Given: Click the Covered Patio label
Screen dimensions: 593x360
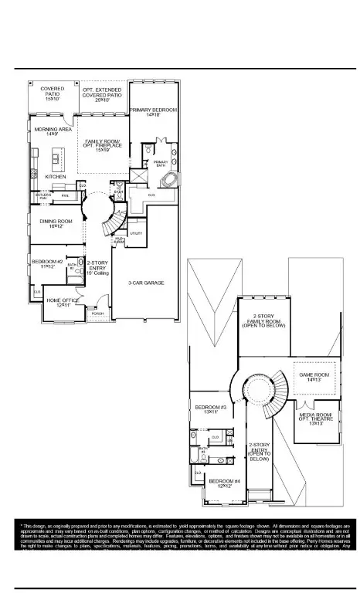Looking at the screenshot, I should click(53, 93).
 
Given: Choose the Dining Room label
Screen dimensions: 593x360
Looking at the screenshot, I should click(56, 224).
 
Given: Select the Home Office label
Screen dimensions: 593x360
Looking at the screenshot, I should click(64, 303).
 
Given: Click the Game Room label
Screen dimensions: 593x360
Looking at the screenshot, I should click(314, 377).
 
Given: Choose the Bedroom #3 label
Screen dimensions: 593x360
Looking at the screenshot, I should click(210, 409).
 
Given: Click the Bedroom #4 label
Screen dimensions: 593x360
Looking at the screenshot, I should click(224, 483).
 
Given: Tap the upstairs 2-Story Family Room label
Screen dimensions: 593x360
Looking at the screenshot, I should click(264, 323).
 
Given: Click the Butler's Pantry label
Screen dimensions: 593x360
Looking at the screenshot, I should click(42, 197).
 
